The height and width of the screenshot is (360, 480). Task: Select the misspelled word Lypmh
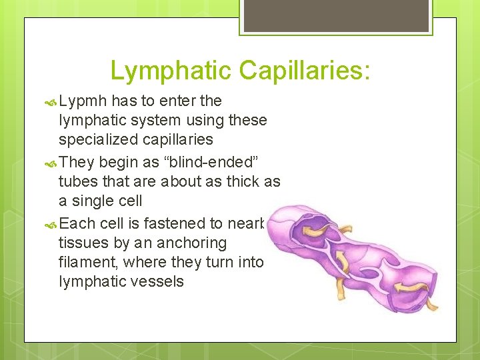coord(83,101)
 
